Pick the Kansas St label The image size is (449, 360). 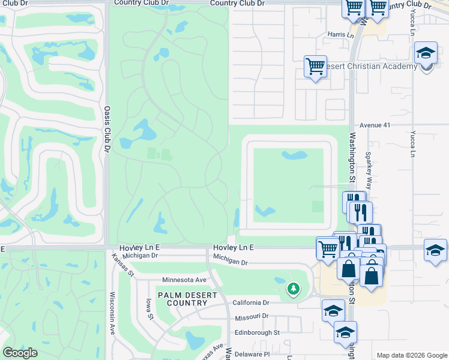(x=122, y=264)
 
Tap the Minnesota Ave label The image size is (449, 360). (x=184, y=280)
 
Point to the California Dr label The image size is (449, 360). (x=252, y=302)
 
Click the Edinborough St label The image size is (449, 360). (x=257, y=332)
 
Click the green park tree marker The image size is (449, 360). (x=294, y=289)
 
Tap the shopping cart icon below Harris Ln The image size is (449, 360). (x=315, y=66)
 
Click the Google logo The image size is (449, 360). (x=20, y=353)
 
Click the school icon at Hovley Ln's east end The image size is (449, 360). (x=435, y=250)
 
